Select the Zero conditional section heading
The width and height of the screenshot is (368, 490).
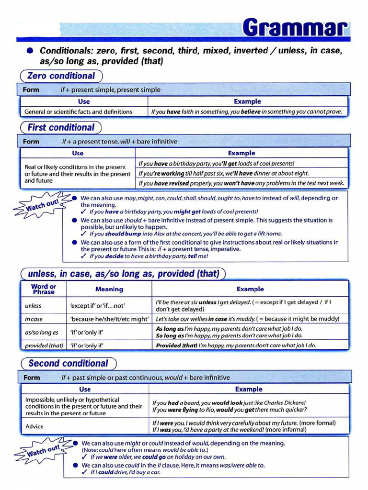point(61,76)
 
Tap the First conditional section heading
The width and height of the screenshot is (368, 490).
point(60,128)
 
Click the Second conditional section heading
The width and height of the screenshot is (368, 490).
point(68,363)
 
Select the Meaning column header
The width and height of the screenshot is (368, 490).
point(109,289)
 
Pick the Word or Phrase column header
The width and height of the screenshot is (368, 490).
point(43,289)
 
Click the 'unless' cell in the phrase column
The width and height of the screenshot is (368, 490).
point(33,306)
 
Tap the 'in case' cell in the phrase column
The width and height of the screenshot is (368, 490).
point(34,319)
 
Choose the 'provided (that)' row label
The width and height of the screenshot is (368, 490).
point(44,345)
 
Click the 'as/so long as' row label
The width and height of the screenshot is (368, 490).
point(41,332)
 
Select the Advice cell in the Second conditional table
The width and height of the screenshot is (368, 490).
point(34,426)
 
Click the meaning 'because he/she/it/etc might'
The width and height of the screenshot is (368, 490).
point(110,319)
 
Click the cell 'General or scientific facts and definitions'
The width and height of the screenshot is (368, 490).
point(78,112)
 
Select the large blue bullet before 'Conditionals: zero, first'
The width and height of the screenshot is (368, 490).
point(30,50)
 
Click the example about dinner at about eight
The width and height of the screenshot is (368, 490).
point(224,173)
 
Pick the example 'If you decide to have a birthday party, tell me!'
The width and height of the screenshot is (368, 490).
point(149,256)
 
